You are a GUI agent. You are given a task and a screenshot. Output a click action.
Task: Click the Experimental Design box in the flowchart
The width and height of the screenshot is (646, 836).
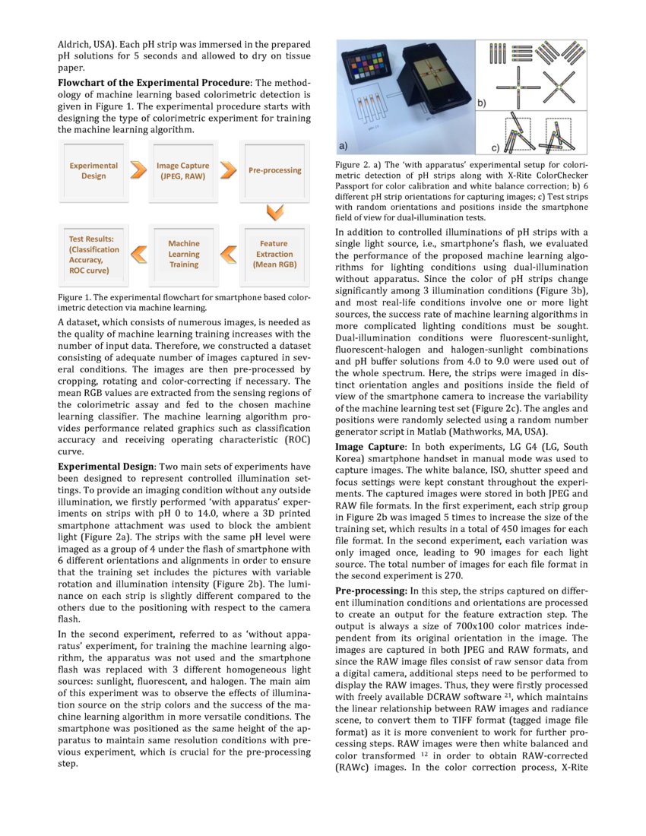[x=93, y=170]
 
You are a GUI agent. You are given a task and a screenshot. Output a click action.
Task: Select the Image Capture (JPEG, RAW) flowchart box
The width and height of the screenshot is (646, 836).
[x=183, y=170]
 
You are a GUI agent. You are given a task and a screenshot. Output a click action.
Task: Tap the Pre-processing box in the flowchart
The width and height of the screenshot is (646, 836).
[x=274, y=170]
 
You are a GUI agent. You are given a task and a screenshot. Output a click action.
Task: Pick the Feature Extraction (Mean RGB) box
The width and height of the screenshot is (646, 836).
[x=274, y=255]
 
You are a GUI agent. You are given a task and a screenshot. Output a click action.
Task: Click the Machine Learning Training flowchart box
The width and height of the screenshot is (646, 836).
[x=183, y=255]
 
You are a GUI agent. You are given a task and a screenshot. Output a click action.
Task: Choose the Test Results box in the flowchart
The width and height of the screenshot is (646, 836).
[x=93, y=255]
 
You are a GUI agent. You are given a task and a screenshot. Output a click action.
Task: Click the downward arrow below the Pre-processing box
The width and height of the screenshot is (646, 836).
[x=274, y=210]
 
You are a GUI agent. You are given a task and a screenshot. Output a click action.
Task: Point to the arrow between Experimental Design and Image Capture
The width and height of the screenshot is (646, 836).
[x=138, y=170]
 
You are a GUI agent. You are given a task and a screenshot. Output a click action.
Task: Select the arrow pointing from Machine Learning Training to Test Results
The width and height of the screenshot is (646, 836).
[x=138, y=255]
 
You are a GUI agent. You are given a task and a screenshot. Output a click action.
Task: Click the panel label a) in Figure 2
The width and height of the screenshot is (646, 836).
[x=344, y=144]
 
